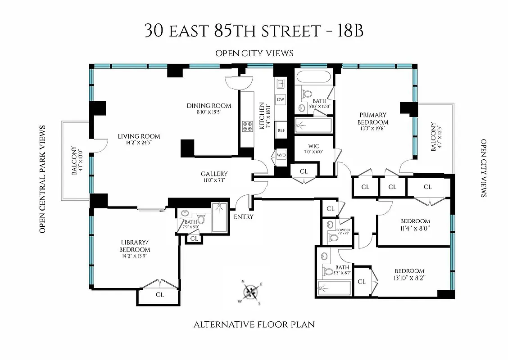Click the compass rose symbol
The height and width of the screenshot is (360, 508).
click(251, 292)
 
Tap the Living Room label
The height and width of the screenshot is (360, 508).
click(139, 136)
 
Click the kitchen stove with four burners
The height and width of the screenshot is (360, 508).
click(247, 126)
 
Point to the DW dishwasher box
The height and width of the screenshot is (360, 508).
click(281, 99)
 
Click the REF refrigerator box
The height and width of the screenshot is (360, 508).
click(281, 130)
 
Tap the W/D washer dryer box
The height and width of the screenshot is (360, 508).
click(281, 155)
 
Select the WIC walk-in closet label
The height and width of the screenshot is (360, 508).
click(313, 146)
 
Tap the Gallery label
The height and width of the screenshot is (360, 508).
click(214, 174)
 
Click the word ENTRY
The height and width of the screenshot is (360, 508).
click(243, 217)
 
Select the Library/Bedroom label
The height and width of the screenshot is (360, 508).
click(135, 246)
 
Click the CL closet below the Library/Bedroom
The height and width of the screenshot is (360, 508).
click(159, 295)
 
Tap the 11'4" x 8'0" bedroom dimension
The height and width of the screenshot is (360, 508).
click(415, 228)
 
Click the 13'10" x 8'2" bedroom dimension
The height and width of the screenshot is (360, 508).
click(409, 278)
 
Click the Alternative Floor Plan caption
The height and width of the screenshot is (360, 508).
click(254, 324)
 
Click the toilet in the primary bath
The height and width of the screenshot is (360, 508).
click(308, 94)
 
